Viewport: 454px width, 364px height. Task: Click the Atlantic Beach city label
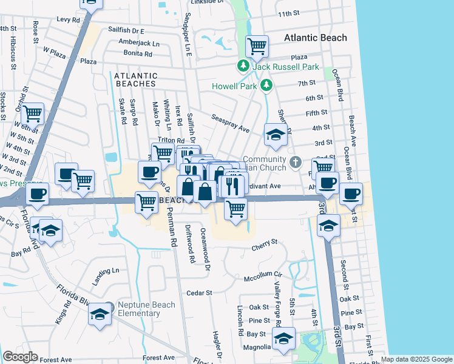pyautogui.click(x=316, y=38)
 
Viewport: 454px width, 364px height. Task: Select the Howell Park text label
pyautogui.click(x=234, y=86)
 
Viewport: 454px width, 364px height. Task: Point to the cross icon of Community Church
pyautogui.click(x=296, y=161)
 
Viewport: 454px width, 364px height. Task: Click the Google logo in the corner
pyautogui.click(x=20, y=357)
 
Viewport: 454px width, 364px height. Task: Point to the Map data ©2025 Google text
pyautogui.click(x=416, y=360)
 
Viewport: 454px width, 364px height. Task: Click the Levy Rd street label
pyautogui.click(x=69, y=19)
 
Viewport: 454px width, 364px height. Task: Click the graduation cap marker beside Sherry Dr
pyautogui.click(x=276, y=135)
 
